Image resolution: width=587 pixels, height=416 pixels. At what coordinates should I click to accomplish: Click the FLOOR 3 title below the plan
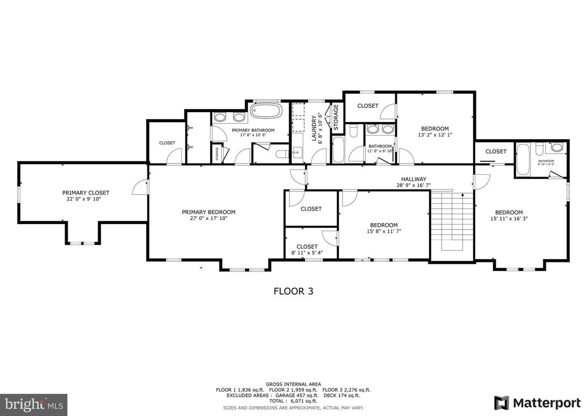click(293, 291)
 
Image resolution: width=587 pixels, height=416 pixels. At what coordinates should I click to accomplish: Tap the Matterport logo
click(537, 402)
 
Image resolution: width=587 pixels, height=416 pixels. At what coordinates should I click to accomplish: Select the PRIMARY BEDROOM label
click(208, 212)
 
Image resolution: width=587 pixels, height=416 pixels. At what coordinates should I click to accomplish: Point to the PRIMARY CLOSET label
click(86, 192)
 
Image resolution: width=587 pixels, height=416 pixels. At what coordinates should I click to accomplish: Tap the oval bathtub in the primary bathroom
click(266, 110)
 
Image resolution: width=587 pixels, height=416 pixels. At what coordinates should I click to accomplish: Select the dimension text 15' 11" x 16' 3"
click(509, 218)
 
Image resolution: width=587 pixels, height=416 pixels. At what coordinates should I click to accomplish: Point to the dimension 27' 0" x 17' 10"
click(208, 218)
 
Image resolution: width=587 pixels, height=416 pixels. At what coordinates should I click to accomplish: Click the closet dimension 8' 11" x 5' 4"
click(307, 253)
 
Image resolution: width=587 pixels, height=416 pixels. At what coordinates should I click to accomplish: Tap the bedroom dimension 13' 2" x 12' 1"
click(435, 135)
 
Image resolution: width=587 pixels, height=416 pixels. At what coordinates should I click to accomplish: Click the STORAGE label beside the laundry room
click(335, 117)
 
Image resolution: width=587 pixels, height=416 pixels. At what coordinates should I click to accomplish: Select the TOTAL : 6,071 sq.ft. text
click(293, 400)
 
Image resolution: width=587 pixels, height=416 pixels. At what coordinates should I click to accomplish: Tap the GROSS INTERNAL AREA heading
click(293, 384)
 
